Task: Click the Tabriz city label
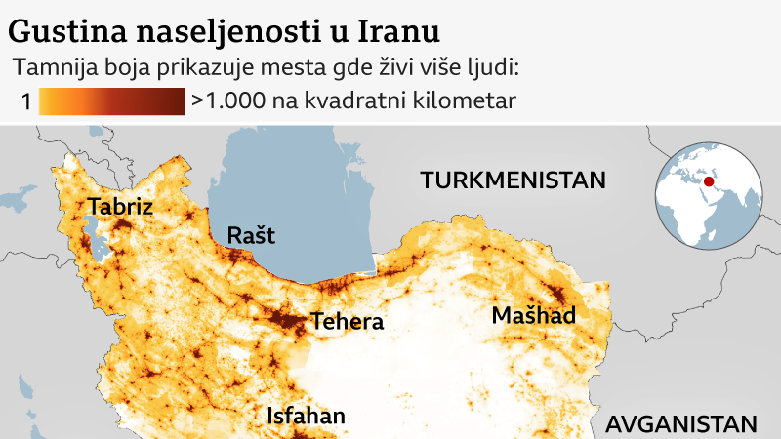pos(120,206)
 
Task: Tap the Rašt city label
pos(251,235)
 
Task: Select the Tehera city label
pos(347,322)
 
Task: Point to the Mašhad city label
pos(534,316)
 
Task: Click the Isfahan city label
pos(306,417)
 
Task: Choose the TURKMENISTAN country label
pos(513,180)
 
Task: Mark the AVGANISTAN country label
pos(680,424)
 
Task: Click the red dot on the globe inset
pos(710,180)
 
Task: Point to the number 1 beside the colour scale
pos(25,100)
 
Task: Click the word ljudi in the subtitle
pos(493,68)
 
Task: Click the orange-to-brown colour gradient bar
pos(112,100)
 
